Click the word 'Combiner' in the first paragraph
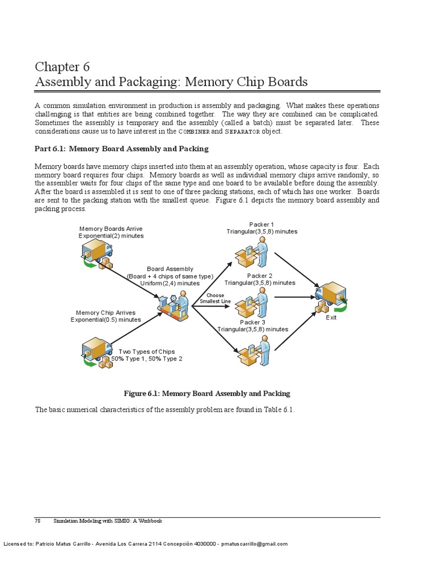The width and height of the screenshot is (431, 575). (x=194, y=131)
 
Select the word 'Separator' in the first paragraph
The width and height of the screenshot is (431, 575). (x=242, y=131)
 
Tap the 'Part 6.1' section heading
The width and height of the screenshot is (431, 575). (x=121, y=149)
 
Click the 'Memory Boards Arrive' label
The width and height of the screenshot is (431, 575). (x=111, y=229)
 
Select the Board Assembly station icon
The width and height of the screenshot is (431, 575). (x=173, y=306)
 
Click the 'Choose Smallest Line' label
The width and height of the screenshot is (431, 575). (x=215, y=298)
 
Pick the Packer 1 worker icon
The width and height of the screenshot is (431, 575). (x=253, y=252)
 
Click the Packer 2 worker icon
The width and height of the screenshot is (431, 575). (x=253, y=304)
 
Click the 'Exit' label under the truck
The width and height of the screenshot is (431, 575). (x=331, y=318)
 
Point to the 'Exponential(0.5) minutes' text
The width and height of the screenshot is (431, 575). (x=106, y=320)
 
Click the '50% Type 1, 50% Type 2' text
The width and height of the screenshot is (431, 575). (x=146, y=359)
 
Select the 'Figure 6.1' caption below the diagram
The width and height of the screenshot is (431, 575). (x=207, y=394)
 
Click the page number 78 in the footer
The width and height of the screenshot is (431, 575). (x=38, y=521)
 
